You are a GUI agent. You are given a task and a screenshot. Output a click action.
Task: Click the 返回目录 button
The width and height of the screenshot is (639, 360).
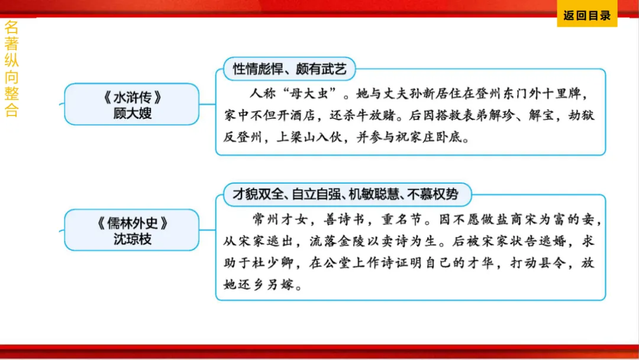pos(586,16)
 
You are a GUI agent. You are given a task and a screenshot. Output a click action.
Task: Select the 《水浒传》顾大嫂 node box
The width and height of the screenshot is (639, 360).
pos(132,104)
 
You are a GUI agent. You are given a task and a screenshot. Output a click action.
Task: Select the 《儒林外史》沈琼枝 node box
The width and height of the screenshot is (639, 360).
pos(132,230)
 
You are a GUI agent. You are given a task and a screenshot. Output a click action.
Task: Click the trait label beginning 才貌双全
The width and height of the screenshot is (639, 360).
pos(345,194)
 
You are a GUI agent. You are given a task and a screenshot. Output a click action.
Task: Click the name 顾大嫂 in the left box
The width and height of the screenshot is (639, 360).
pos(132,112)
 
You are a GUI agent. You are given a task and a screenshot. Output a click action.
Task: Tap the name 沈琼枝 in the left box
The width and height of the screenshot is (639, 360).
pos(132,239)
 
